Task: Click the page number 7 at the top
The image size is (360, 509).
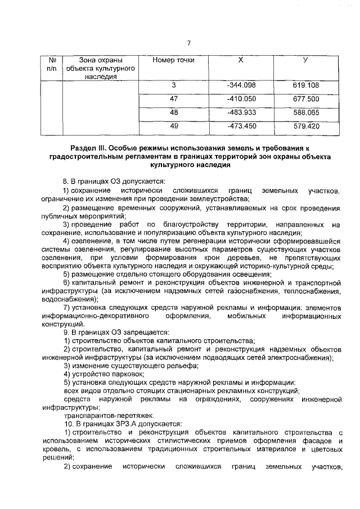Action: [189, 43]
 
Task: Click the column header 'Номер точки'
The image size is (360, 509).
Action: [174, 60]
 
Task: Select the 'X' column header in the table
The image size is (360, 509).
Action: [240, 60]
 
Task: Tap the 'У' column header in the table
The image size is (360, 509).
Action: [305, 60]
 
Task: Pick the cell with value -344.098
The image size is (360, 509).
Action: [240, 85]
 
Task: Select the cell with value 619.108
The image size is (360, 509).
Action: [305, 85]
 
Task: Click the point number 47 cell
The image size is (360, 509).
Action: [174, 99]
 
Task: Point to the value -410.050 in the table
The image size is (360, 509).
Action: [240, 99]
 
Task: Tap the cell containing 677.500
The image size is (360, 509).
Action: [305, 99]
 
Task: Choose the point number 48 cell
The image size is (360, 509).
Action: [174, 112]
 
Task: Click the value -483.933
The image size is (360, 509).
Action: [240, 112]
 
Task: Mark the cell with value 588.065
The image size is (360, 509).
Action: [305, 112]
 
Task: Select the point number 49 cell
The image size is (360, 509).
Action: [174, 125]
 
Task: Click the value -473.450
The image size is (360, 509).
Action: [240, 125]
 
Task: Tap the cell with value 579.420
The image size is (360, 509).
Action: [305, 125]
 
